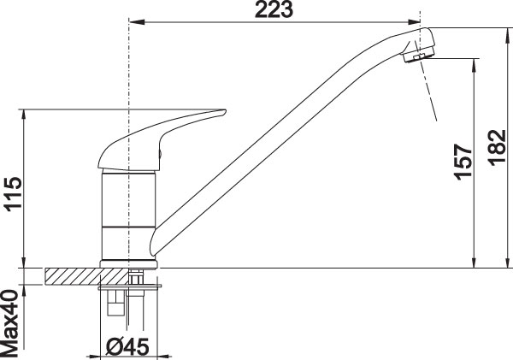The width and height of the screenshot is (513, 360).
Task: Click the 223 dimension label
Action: [274, 9]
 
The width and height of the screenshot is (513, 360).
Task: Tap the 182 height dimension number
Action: [498, 148]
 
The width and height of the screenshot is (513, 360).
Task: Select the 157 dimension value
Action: [463, 162]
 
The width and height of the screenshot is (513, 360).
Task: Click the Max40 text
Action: [9, 323]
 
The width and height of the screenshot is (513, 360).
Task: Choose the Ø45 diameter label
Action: [127, 347]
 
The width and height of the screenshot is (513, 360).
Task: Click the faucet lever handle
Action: [161, 140]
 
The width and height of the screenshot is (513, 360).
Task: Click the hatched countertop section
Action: [87, 275]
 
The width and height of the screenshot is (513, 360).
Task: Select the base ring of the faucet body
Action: [129, 264]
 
